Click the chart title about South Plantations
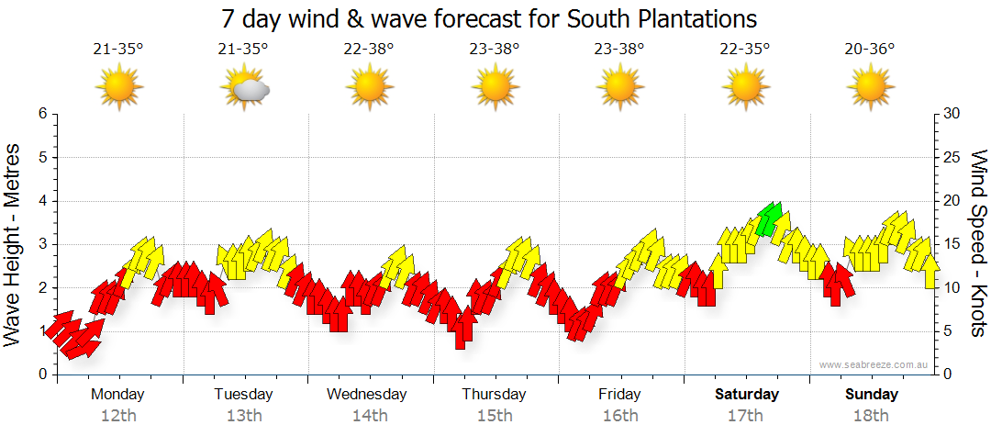[x=489, y=18]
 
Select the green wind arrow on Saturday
[x=771, y=219]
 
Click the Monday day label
[x=117, y=394]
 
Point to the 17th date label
[x=745, y=415]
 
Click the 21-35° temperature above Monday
[x=118, y=49]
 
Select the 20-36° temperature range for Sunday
[x=870, y=49]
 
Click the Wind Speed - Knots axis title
[x=977, y=243]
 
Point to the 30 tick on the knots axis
[x=952, y=114]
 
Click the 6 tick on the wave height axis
[x=42, y=114]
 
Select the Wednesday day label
[x=367, y=394]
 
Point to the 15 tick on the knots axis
[x=952, y=244]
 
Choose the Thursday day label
[x=494, y=394]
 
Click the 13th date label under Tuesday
[x=243, y=415]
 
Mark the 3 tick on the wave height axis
[x=42, y=244]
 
